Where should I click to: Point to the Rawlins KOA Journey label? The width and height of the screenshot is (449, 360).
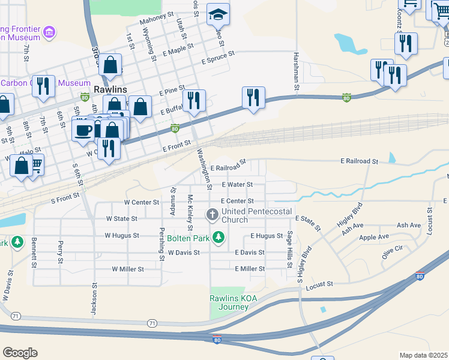click(229, 302)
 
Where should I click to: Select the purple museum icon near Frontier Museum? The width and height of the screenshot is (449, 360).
click(50, 32)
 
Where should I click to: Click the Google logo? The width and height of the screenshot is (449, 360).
click(20, 352)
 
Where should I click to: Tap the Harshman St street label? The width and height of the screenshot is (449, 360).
click(297, 72)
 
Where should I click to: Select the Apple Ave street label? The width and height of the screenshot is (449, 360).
click(375, 238)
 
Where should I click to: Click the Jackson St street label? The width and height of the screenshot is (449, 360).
click(94, 299)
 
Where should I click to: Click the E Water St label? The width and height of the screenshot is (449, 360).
click(237, 185)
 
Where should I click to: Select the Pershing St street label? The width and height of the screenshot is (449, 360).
click(161, 244)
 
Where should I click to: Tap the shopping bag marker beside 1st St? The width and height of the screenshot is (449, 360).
click(110, 65)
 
